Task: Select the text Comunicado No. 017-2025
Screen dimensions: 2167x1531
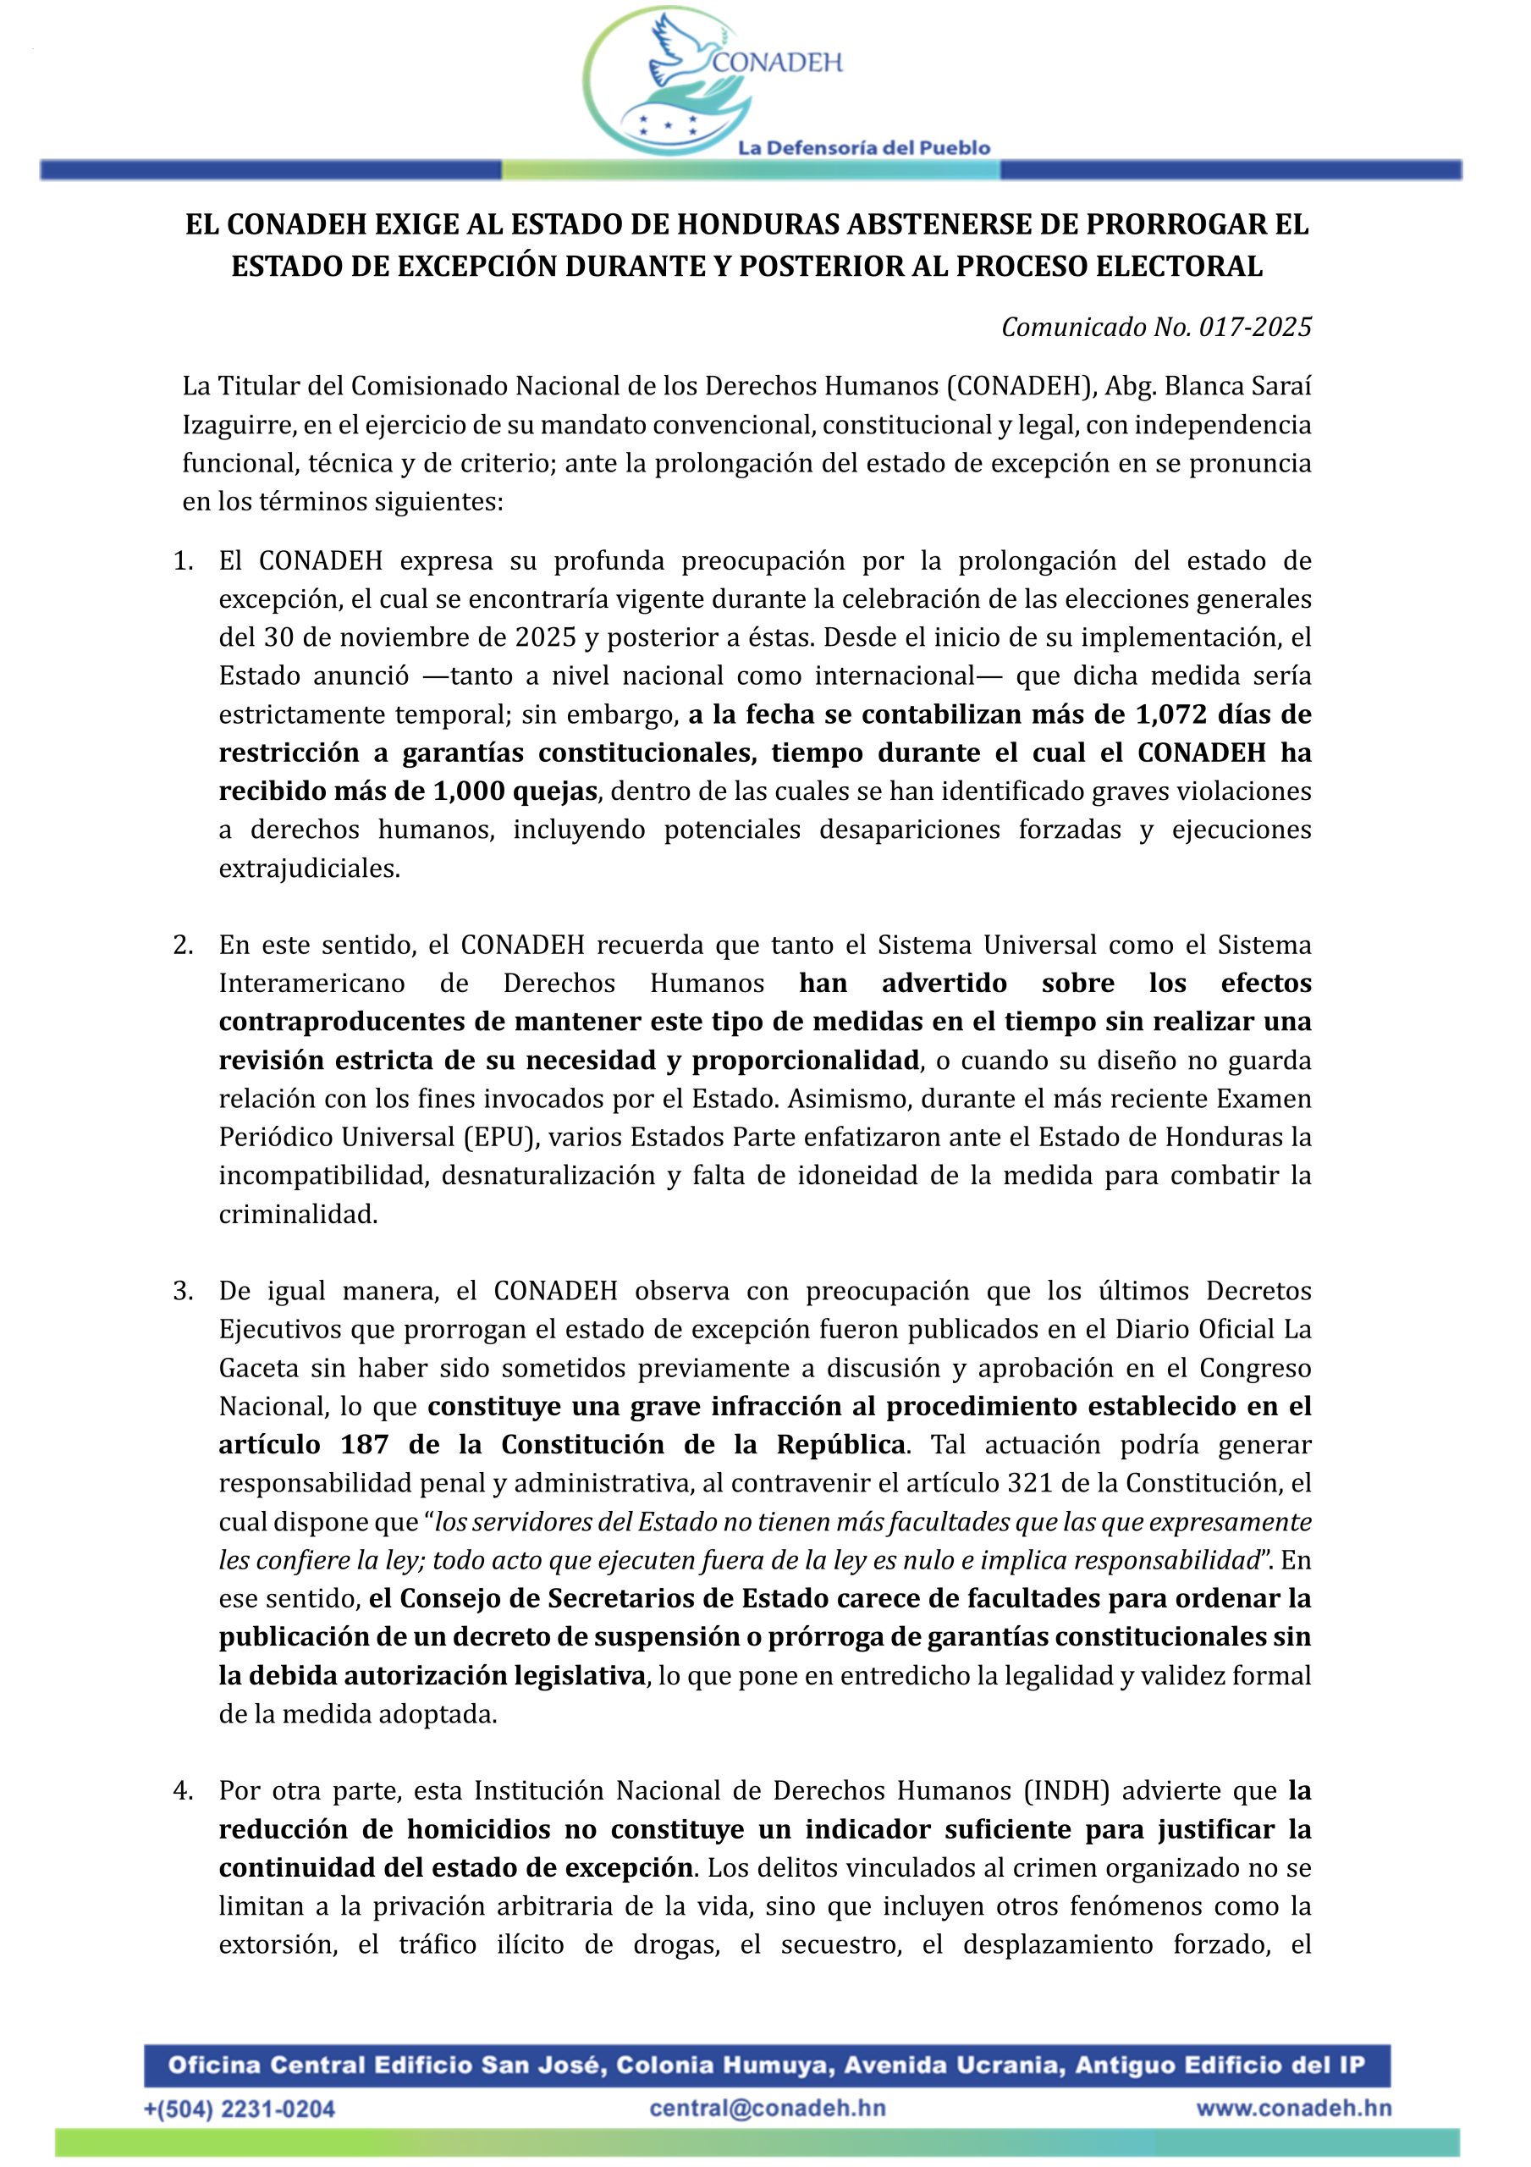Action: point(1155,328)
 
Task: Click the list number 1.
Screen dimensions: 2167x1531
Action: point(182,560)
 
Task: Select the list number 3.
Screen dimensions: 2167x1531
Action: point(182,1290)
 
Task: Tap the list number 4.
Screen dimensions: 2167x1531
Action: point(182,1790)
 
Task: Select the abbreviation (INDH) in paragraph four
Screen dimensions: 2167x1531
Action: point(1065,1790)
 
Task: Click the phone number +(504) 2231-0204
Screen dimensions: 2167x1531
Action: point(239,2109)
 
